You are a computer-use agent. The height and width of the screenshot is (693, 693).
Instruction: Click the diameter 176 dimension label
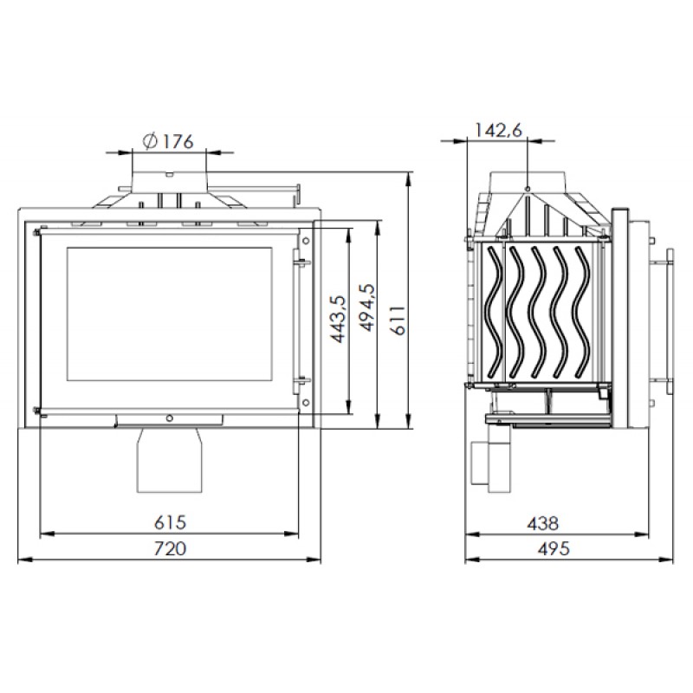(168, 141)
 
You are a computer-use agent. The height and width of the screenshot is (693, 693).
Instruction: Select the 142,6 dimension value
(498, 130)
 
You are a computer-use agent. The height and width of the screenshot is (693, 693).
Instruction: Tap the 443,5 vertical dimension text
(339, 319)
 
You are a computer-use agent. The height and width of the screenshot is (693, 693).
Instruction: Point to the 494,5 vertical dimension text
(367, 308)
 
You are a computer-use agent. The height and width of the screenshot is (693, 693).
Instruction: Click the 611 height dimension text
(399, 321)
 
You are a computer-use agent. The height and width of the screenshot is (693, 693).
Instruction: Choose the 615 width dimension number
(170, 522)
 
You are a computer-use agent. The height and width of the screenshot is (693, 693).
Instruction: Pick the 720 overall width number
(170, 548)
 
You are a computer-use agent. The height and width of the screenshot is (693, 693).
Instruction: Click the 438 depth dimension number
(543, 524)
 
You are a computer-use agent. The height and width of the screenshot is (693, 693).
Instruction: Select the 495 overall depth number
(554, 549)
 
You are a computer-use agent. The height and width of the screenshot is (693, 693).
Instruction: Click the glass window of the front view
(169, 314)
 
